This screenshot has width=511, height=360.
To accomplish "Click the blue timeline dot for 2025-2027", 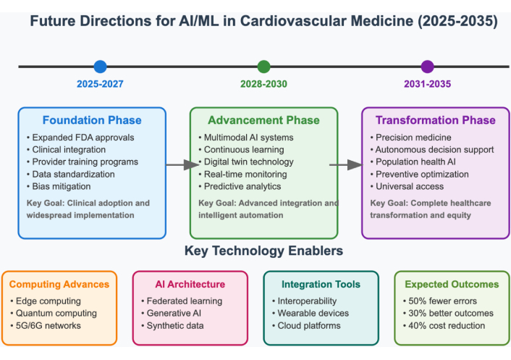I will click(100, 67).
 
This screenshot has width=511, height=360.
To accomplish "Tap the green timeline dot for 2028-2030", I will click(263, 67).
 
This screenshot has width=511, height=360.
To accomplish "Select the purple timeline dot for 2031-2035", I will click(427, 67).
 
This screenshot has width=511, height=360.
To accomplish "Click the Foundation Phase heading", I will click(92, 120).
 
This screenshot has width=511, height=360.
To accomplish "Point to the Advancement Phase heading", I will click(263, 120).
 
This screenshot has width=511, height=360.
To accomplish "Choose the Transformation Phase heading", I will click(435, 120).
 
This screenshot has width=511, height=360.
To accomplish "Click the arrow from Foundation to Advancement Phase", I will click(177, 165).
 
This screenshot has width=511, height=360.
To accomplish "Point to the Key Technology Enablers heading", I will click(263, 251).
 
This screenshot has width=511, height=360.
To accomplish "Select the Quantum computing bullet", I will click(57, 313).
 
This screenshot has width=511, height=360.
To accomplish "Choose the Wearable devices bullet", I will click(313, 313).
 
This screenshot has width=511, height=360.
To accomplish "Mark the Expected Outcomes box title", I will click(452, 285).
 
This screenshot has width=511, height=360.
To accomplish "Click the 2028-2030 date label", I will click(263, 84).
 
